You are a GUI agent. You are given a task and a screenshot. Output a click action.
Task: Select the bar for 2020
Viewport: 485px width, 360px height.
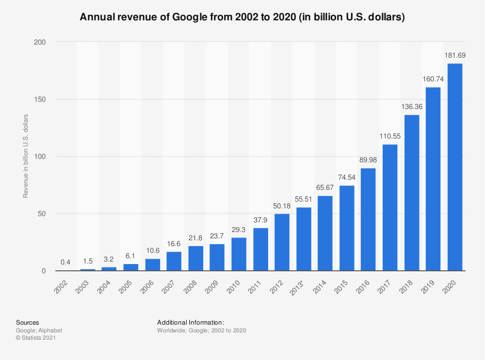[x=454, y=167]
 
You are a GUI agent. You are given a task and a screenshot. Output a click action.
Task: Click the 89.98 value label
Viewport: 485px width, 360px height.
[x=368, y=160]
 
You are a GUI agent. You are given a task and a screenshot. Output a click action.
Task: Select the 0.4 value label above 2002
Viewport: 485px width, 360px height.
[x=66, y=262]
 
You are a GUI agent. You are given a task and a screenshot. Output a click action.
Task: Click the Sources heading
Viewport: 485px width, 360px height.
[x=28, y=322]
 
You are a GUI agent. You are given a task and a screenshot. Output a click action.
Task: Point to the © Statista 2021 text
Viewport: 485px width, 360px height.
[x=36, y=338]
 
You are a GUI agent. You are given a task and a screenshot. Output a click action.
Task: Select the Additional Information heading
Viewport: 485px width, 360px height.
[x=190, y=322]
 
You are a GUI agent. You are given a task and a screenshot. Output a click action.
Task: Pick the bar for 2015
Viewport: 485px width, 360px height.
[x=347, y=228]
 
